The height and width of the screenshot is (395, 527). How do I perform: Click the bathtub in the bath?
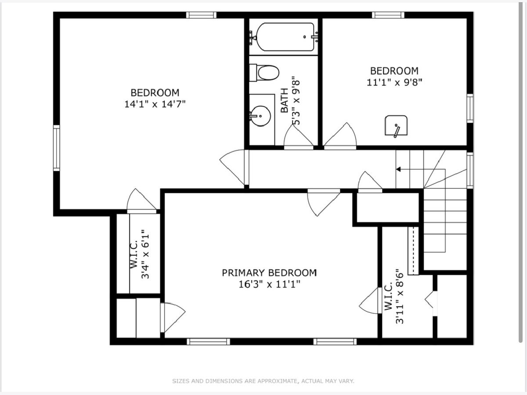click(x=285, y=37)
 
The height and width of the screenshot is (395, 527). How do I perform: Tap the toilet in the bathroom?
click(x=264, y=72)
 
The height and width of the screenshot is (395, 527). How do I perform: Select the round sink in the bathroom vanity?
click(x=260, y=116)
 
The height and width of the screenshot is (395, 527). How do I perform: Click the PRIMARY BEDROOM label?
click(x=269, y=273)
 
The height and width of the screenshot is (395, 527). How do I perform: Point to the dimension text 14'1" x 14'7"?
click(x=155, y=104)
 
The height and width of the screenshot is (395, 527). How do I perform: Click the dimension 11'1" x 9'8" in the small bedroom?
click(x=394, y=83)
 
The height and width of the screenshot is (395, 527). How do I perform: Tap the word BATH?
click(x=285, y=101)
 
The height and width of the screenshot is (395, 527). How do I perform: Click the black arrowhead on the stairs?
click(x=398, y=169)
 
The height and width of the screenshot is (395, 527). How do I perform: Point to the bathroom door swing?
click(x=299, y=136)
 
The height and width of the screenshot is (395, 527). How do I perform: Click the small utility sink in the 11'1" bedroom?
click(x=396, y=126)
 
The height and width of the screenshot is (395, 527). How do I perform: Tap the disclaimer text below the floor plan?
click(x=263, y=381)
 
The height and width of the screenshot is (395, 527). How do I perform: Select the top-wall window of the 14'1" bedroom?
click(x=201, y=15)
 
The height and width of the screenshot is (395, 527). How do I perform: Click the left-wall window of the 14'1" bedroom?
click(x=56, y=148)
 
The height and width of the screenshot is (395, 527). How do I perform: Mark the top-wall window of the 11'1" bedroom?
click(x=388, y=15)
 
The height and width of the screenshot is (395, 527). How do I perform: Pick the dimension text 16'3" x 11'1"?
click(x=269, y=285)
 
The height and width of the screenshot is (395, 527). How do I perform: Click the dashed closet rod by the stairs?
click(x=413, y=251)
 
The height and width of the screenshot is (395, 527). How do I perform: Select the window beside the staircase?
click(x=470, y=170)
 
